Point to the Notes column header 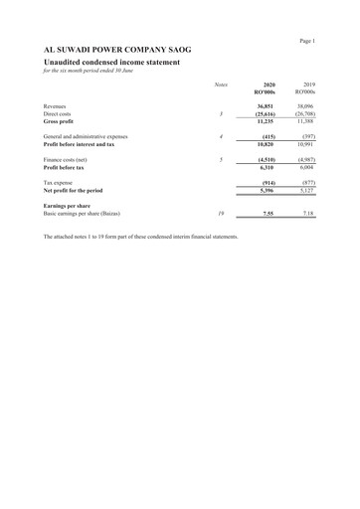(x=221, y=85)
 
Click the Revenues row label (x=60, y=105)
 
